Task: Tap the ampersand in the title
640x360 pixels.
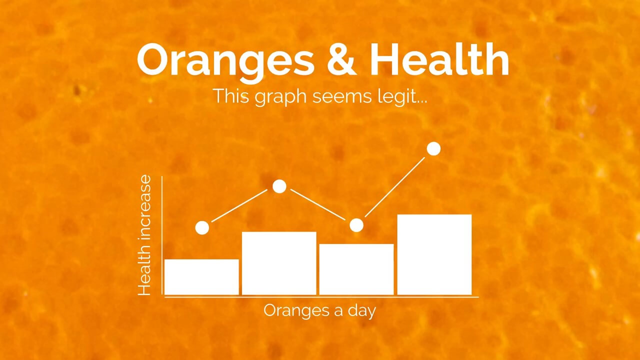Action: pyautogui.click(x=341, y=59)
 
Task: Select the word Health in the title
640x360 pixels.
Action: pyautogui.click(x=439, y=58)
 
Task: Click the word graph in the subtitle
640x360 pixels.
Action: pyautogui.click(x=280, y=97)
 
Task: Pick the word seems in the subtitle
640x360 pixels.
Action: pyautogui.click(x=342, y=97)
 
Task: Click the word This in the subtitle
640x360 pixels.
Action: pyautogui.click(x=231, y=95)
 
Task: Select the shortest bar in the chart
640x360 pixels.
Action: pyautogui.click(x=201, y=277)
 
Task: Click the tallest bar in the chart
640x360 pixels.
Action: pyautogui.click(x=434, y=254)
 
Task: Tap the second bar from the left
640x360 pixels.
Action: pyautogui.click(x=279, y=263)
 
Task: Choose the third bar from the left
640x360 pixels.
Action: pyautogui.click(x=356, y=269)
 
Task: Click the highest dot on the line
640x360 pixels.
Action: pyautogui.click(x=433, y=149)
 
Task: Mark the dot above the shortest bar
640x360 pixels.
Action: pyautogui.click(x=202, y=228)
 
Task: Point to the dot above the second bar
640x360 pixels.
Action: pyautogui.click(x=279, y=186)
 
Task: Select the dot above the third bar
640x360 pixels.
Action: pyautogui.click(x=356, y=225)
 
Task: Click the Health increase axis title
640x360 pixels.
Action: pyautogui.click(x=144, y=235)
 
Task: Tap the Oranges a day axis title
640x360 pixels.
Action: pyautogui.click(x=319, y=311)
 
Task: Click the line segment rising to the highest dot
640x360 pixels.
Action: pyautogui.click(x=395, y=187)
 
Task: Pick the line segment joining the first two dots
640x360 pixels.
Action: pyautogui.click(x=239, y=205)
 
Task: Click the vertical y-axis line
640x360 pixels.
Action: pyautogui.click(x=162, y=235)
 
